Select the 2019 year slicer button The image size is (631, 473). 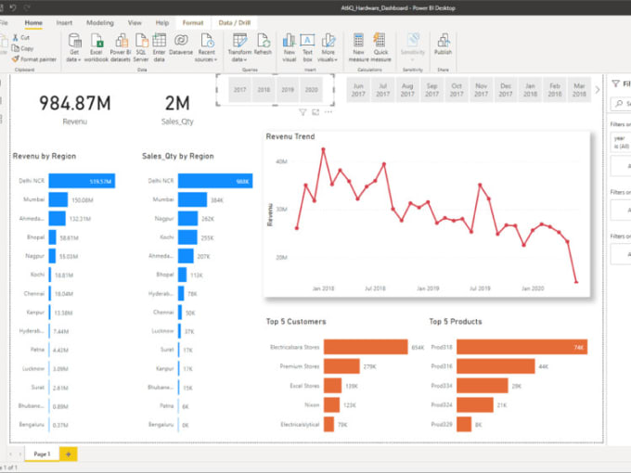(x=288, y=90)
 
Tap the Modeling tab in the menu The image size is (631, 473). (x=99, y=21)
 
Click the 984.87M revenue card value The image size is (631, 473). (x=75, y=103)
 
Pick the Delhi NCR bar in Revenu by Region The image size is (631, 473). (x=82, y=181)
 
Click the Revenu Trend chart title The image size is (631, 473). (x=290, y=136)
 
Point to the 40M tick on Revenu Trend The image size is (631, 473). (x=281, y=161)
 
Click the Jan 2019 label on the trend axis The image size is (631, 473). (x=428, y=288)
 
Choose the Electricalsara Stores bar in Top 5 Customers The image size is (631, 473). (x=354, y=348)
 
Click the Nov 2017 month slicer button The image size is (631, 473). (x=481, y=90)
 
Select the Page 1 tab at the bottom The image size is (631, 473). (x=42, y=454)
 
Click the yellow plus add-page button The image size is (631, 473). (x=68, y=454)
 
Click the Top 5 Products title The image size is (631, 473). (x=456, y=322)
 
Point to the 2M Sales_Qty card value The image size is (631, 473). (x=177, y=103)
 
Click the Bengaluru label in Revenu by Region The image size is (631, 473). (x=32, y=424)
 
